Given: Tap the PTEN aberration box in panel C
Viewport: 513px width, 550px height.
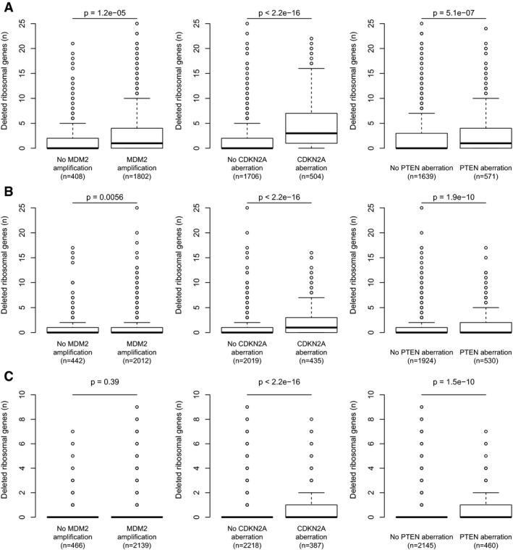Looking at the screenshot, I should click(483, 511).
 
